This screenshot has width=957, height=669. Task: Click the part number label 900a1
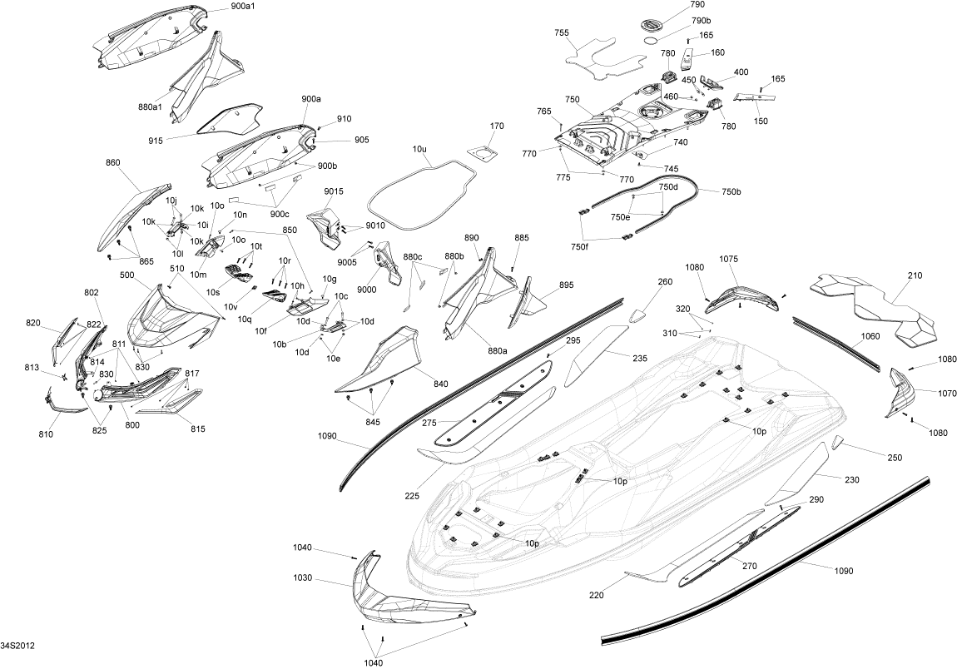(x=221, y=7)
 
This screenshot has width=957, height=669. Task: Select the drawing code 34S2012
(x=17, y=646)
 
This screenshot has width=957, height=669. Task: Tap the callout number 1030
(x=303, y=577)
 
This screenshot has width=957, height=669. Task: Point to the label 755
(x=562, y=32)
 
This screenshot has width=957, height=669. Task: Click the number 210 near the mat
(x=915, y=274)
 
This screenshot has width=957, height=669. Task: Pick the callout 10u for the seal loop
(x=419, y=150)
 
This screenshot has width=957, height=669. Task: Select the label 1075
(x=729, y=259)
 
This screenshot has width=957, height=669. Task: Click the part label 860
(x=113, y=163)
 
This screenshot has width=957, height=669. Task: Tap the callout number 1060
(x=870, y=337)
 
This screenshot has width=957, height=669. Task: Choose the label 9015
(x=334, y=191)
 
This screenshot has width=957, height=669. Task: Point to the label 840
(x=441, y=384)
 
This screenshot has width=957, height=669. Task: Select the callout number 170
(x=497, y=126)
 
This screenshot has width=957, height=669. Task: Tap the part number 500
(x=128, y=275)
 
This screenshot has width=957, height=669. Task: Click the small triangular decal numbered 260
(x=639, y=315)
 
